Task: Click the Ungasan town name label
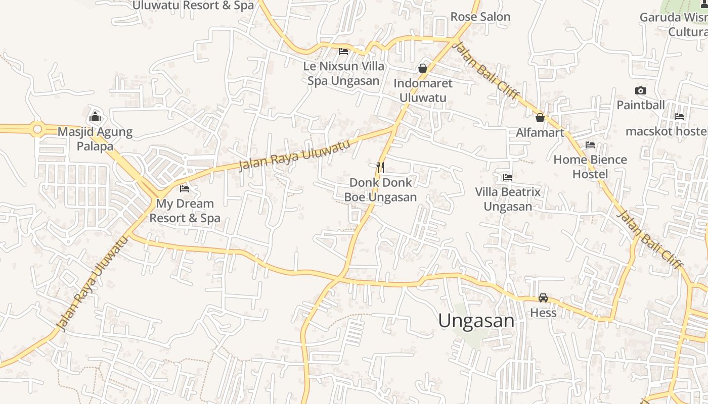coord(476,321)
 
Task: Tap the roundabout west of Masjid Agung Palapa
coord(37,129)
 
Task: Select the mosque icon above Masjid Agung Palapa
coord(95,117)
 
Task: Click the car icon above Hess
coord(543,298)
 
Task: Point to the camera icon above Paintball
coord(640,91)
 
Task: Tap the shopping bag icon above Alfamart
coord(540,118)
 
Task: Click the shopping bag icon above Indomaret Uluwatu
coord(423,68)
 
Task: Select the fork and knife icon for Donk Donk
coord(380,167)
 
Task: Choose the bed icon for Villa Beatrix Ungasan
coord(508,177)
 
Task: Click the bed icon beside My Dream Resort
coord(185,189)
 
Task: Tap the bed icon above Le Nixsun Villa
coord(343,52)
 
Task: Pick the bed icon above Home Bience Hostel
coord(590,145)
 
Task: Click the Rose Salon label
coord(480,17)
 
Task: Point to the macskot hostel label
coord(666,131)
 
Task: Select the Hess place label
coord(543,313)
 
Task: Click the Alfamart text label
coord(540,133)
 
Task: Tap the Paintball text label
coord(640,105)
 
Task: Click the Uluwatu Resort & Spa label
coord(193,6)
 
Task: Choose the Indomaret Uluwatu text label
coord(423,90)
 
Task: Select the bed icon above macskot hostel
coord(679,117)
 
